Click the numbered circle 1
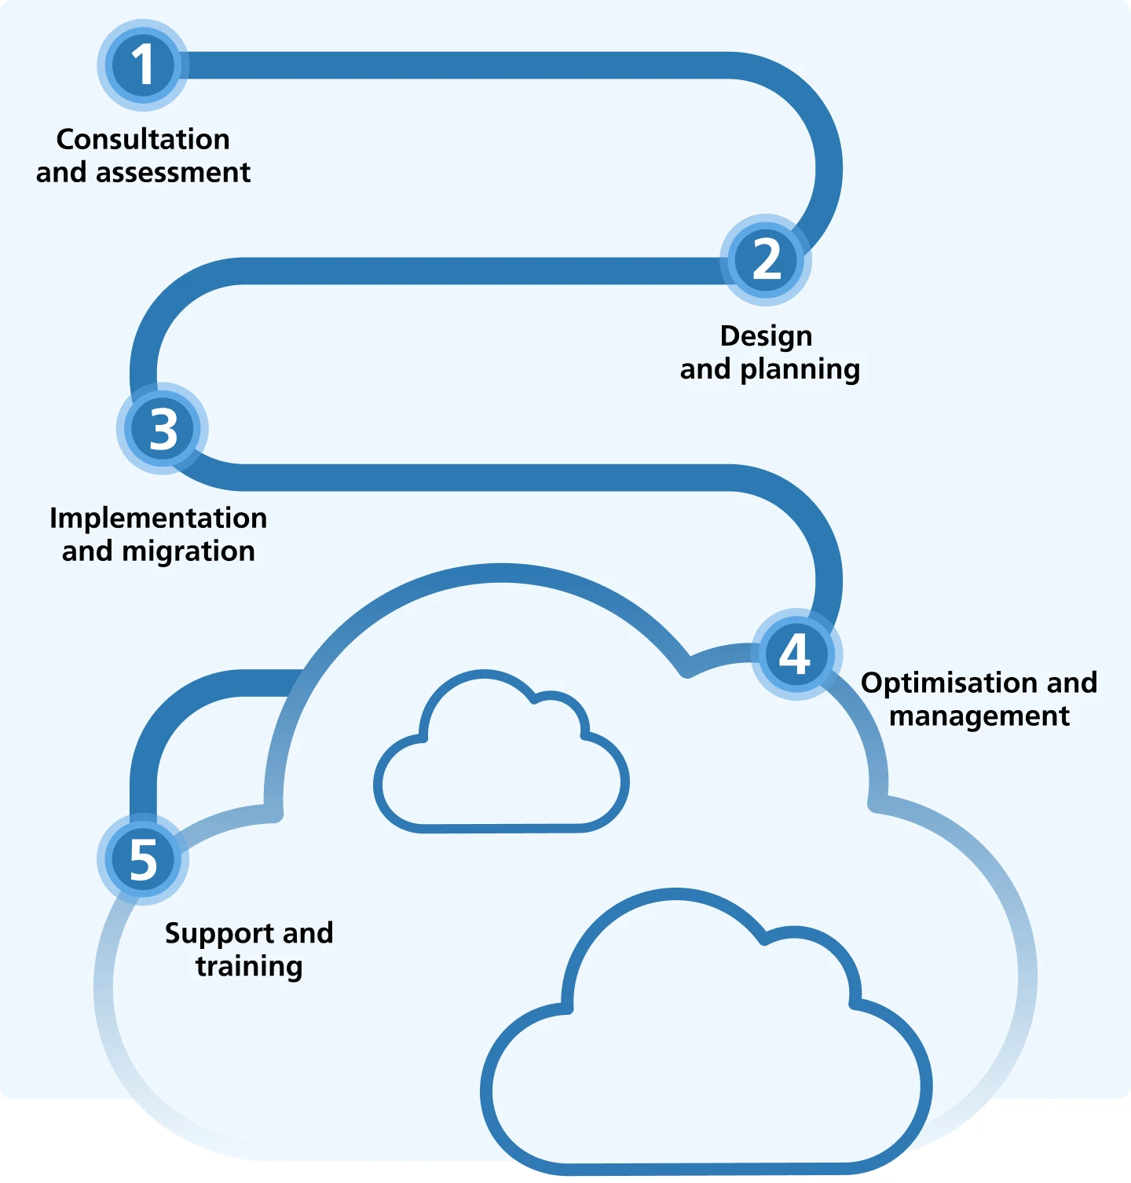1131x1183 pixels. pyautogui.click(x=143, y=65)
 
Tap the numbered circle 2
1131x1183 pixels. pyautogui.click(x=766, y=260)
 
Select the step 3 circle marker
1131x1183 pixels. pyautogui.click(x=163, y=429)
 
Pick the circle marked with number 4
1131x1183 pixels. pyautogui.click(x=796, y=654)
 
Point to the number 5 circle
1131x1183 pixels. pyautogui.click(x=143, y=859)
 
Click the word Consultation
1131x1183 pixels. pyautogui.click(x=143, y=139)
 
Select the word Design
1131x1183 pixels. pyautogui.click(x=766, y=336)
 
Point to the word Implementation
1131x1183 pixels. pyautogui.click(x=158, y=518)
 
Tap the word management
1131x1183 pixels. pyautogui.click(x=979, y=716)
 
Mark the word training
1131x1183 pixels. pyautogui.click(x=249, y=966)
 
